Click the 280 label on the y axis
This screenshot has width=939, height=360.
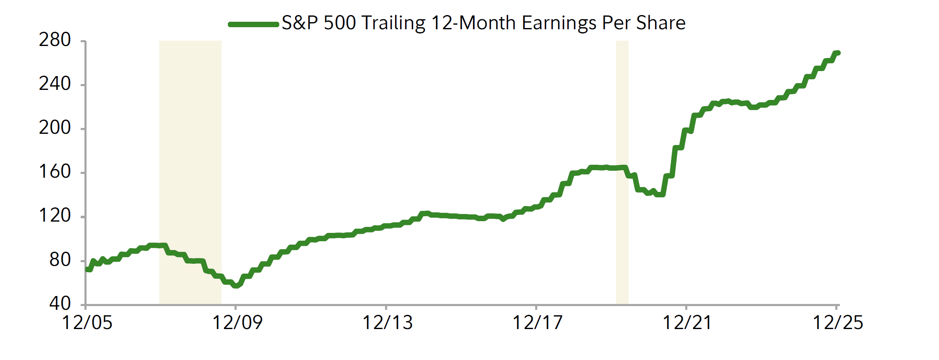coord(55,40)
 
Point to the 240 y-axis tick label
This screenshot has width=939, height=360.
coord(55,84)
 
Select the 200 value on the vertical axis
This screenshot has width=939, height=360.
coord(55,128)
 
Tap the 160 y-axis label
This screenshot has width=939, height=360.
coord(55,172)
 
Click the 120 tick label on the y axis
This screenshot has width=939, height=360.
coord(55,216)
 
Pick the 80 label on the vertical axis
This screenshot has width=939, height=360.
coord(60,260)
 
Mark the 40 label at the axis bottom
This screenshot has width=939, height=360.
coord(60,304)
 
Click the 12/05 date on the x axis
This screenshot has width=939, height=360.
coord(87,323)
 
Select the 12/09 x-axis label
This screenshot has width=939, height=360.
coord(237,323)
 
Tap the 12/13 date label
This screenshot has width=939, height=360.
coord(387,323)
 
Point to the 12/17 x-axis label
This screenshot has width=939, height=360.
coord(537,323)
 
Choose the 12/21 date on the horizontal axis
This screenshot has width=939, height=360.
coord(687,323)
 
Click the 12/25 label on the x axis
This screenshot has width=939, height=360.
coord(837,323)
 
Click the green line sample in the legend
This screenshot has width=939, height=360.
coord(253,24)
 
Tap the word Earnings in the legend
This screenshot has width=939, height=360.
coord(559,23)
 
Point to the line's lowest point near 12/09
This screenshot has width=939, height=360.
coord(236,286)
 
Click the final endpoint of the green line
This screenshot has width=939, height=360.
coord(838,53)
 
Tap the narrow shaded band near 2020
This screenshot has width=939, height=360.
coord(622,172)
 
